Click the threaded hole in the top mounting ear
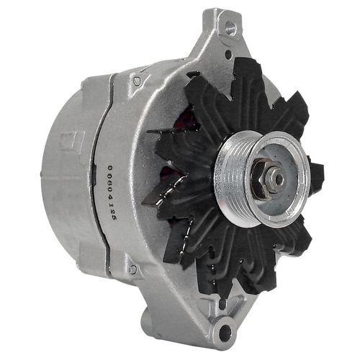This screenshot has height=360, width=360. tap(230, 28)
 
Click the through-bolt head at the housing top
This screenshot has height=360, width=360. tap(136, 81)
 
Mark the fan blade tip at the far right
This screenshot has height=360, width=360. tap(318, 173)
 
